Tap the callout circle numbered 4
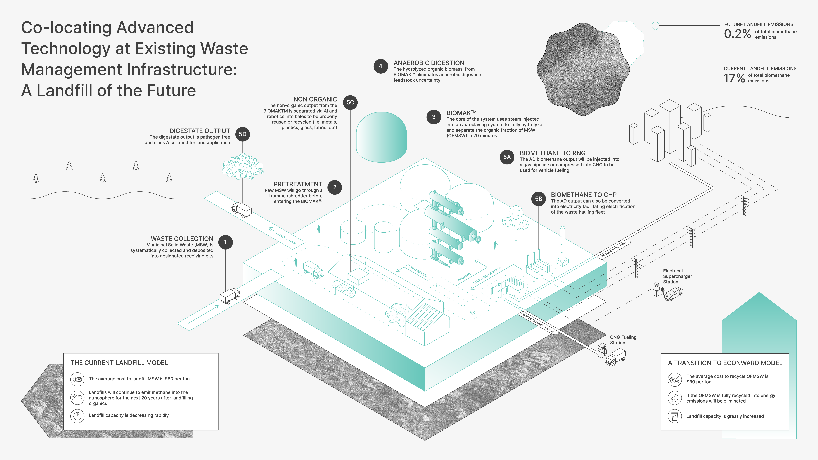[380, 66]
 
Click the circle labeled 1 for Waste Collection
[225, 242]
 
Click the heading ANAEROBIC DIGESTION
[429, 63]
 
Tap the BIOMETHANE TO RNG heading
[553, 153]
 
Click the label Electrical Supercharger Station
[677, 276]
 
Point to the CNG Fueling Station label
[623, 340]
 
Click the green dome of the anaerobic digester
[381, 136]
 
